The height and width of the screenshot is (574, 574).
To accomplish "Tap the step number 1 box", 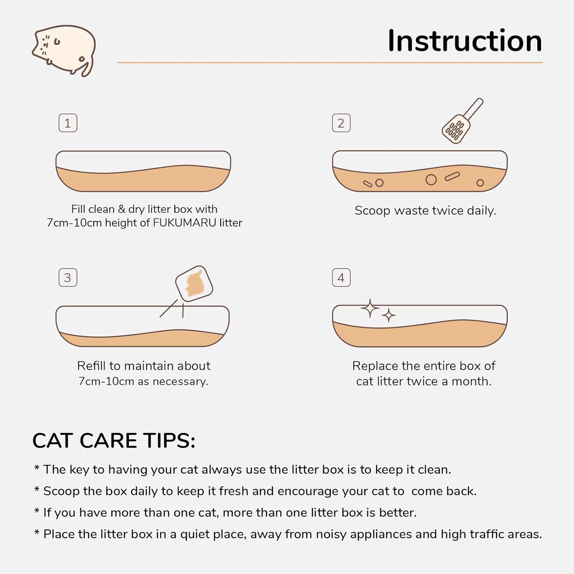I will pyautogui.click(x=68, y=123).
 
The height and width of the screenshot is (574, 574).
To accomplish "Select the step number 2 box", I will pyautogui.click(x=341, y=123).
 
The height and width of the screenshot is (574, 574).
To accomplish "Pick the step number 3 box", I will pyautogui.click(x=68, y=278).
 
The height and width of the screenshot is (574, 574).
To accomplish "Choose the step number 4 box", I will pyautogui.click(x=341, y=278).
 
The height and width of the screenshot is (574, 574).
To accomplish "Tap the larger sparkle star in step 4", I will pyautogui.click(x=370, y=308).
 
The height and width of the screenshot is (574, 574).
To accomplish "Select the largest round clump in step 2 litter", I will pyautogui.click(x=431, y=180).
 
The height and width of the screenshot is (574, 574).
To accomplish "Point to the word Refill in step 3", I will pyautogui.click(x=91, y=366).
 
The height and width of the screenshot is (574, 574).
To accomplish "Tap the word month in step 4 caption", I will pyautogui.click(x=471, y=382).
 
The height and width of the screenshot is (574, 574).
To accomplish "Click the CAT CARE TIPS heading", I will pyautogui.click(x=114, y=440).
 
